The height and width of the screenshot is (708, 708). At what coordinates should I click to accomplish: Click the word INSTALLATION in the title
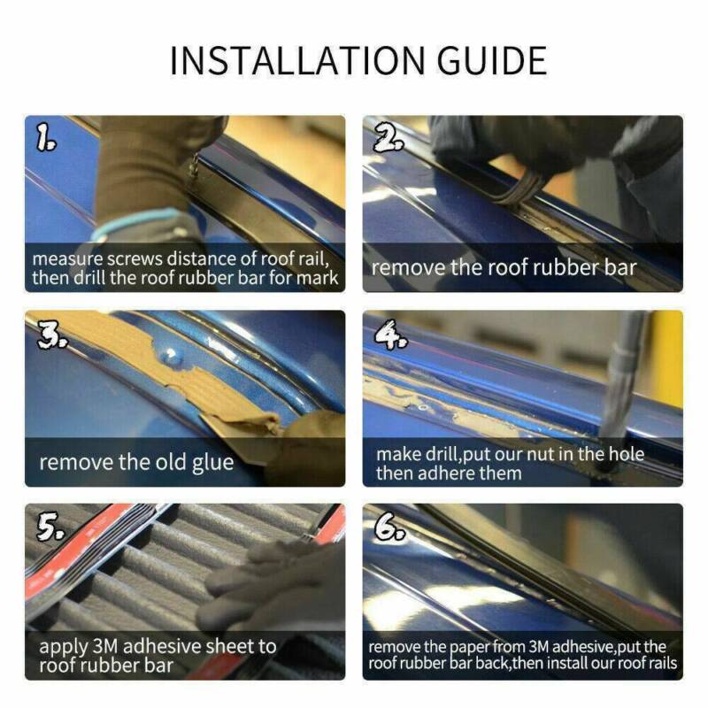click(297, 60)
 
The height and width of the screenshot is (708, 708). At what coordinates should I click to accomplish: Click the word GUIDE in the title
click(492, 60)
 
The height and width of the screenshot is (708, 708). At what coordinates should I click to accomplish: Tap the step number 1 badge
click(46, 138)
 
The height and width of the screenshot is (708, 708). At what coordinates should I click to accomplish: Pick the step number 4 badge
click(390, 335)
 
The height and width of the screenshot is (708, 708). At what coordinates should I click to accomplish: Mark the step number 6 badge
click(390, 527)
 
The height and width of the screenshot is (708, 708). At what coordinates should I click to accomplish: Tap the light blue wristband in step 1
click(135, 222)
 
